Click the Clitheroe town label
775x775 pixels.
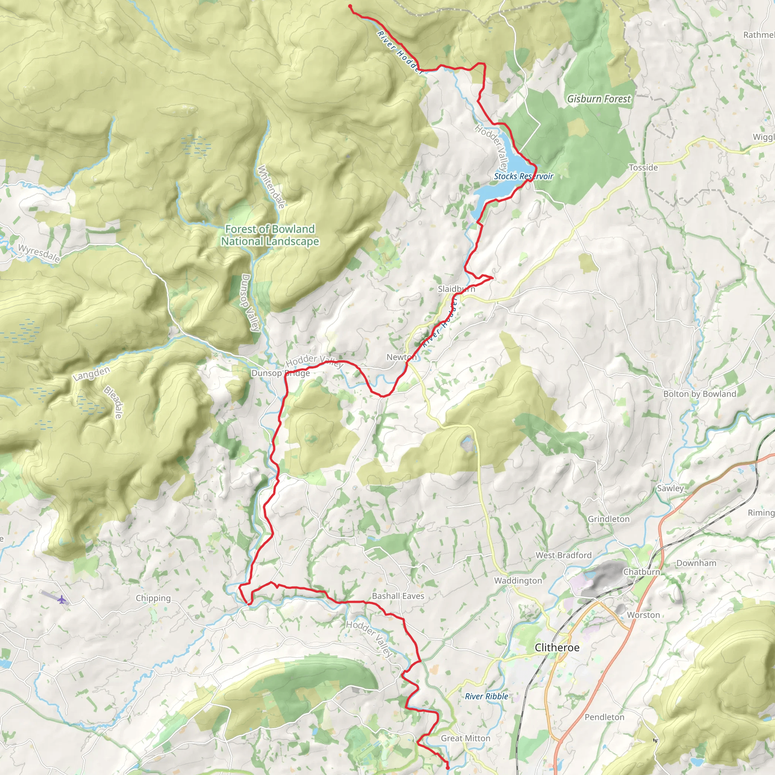(557, 647)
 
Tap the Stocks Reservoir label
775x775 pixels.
(523, 176)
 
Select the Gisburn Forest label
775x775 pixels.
(599, 99)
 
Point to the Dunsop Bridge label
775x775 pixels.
(280, 373)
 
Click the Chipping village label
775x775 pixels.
(153, 598)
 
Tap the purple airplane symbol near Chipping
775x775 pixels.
(61, 600)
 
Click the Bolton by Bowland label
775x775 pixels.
(700, 394)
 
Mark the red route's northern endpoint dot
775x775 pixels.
(350, 6)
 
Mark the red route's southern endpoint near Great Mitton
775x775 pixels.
(447, 768)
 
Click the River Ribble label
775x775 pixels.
(486, 696)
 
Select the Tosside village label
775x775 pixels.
(643, 168)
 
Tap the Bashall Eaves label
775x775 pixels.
(398, 596)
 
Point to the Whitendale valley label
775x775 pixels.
(272, 187)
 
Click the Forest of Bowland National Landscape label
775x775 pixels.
(270, 235)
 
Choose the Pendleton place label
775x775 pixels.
(604, 717)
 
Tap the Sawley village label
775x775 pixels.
(670, 488)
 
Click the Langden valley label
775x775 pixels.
(91, 373)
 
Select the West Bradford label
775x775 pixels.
(563, 555)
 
